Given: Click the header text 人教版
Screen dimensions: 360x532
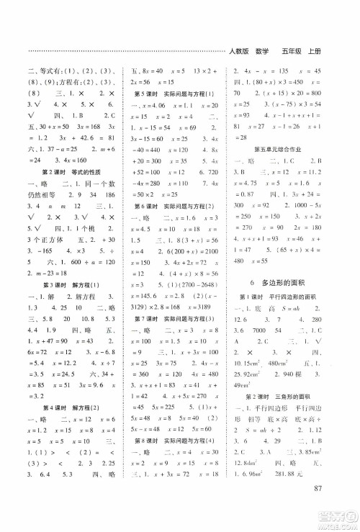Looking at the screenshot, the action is pos(239,50).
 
